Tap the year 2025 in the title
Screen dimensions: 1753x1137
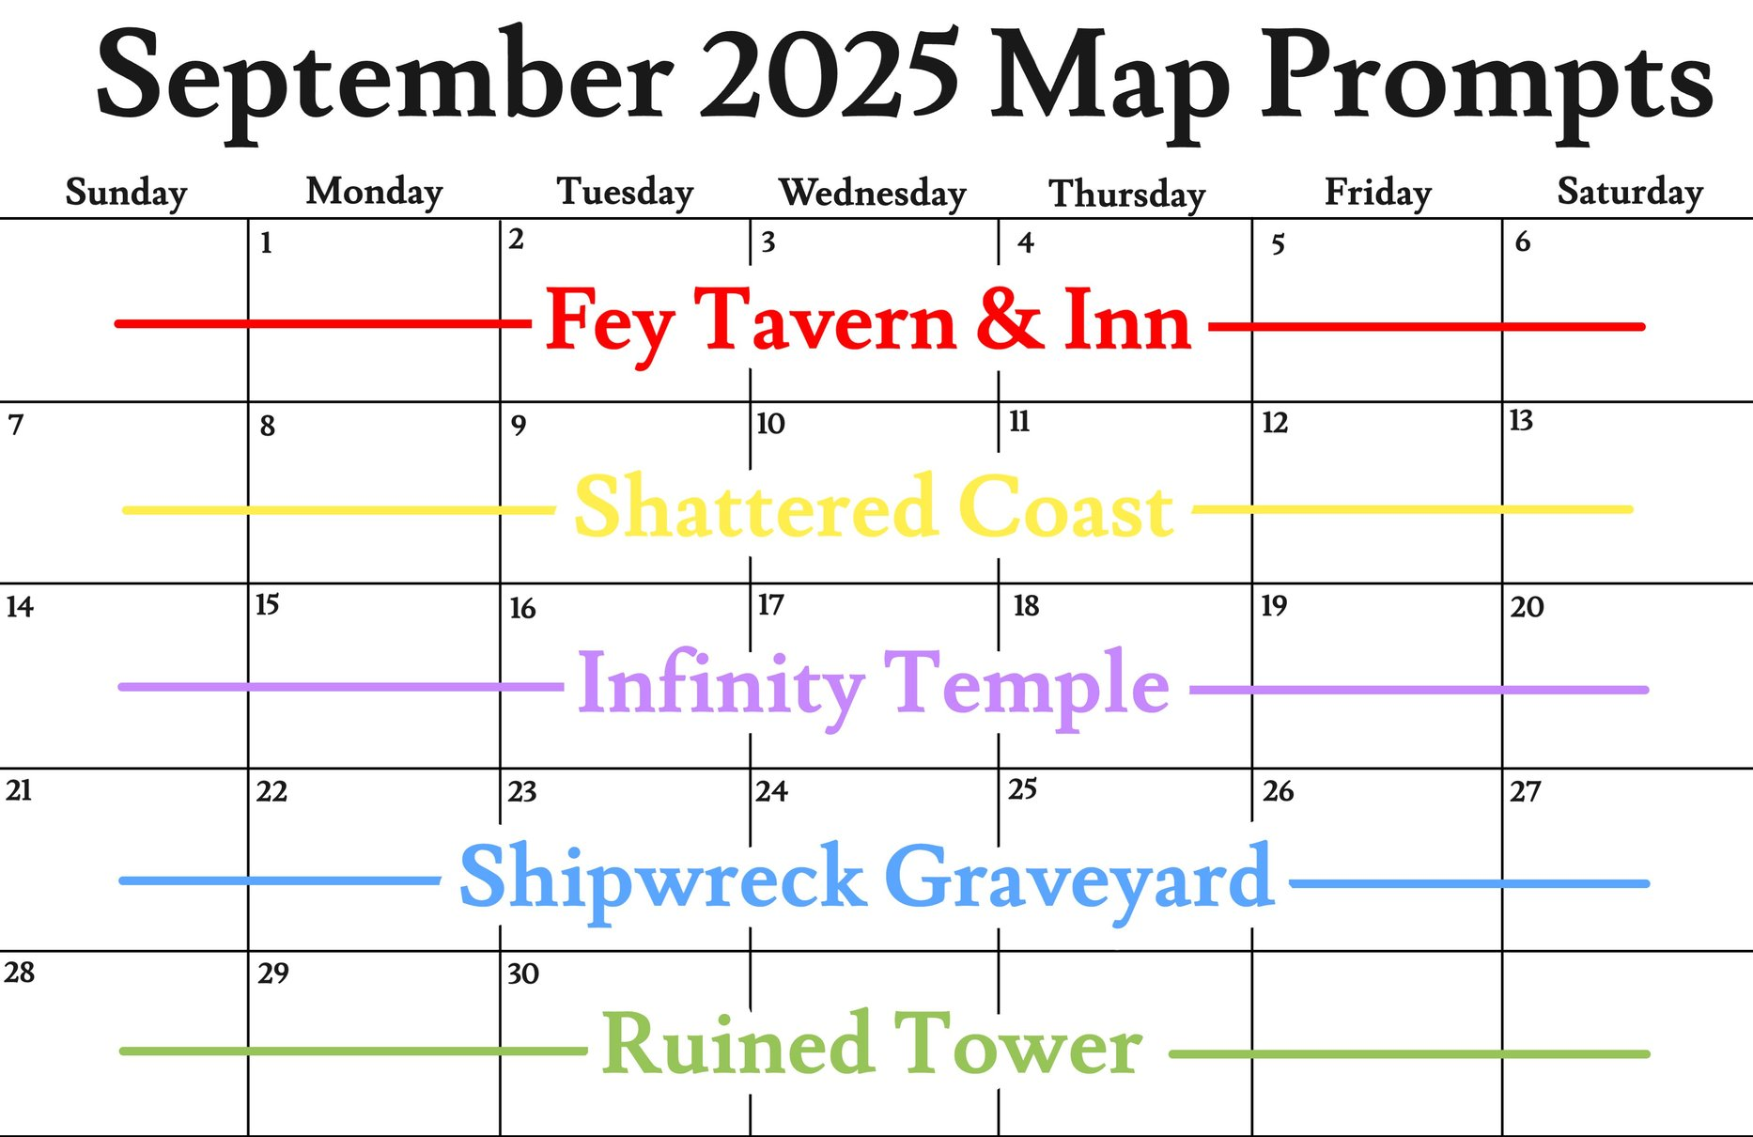coord(830,75)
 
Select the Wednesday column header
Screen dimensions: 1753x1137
coord(873,193)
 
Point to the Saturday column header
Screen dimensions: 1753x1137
coord(1630,193)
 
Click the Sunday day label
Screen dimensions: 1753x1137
coord(126,193)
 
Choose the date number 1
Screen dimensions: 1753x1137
coord(267,243)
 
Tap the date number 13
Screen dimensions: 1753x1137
coord(1521,420)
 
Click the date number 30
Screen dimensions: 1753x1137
coord(523,973)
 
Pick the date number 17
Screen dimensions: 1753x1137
coord(771,604)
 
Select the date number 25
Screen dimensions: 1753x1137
coord(1022,788)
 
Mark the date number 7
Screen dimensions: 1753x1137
coord(16,426)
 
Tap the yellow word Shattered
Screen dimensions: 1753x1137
coord(755,506)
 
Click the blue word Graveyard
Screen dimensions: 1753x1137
coord(1079,880)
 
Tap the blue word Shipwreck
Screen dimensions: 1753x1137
coord(662,878)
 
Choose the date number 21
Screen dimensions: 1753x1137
coord(19,790)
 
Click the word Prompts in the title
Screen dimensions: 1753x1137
coord(1487,85)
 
